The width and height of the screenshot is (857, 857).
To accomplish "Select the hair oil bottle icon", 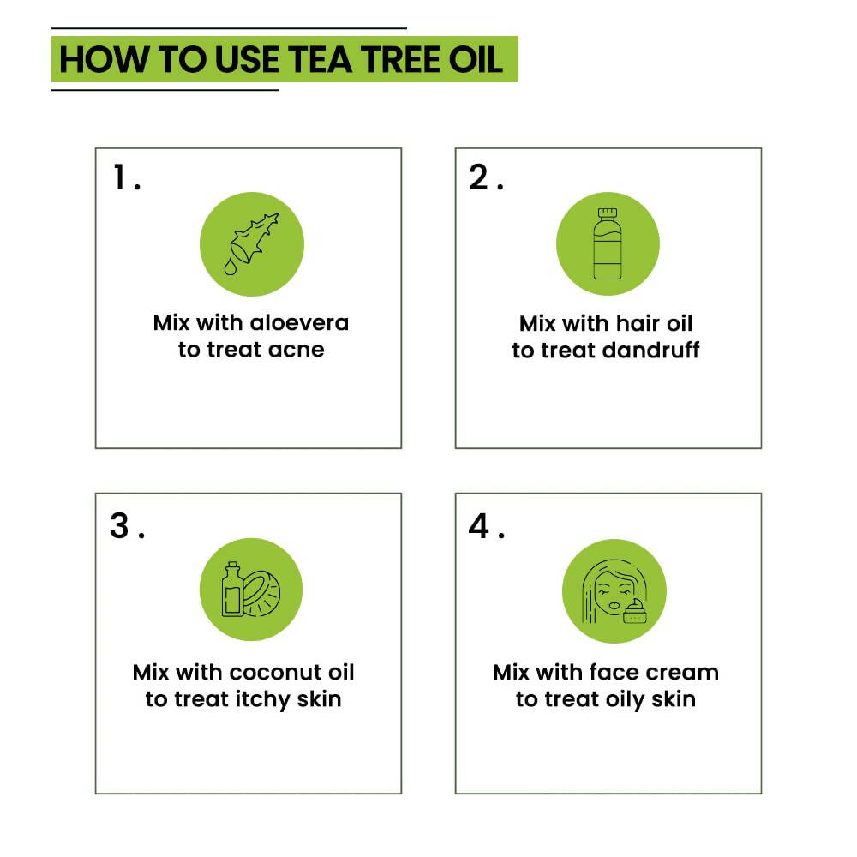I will (x=607, y=243).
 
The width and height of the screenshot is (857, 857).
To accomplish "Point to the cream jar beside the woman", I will (x=635, y=612).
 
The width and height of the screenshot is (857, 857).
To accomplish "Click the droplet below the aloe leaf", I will (x=231, y=267).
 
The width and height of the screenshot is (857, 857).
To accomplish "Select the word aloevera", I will (x=299, y=323).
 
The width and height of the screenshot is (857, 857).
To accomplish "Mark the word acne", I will (x=295, y=350).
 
